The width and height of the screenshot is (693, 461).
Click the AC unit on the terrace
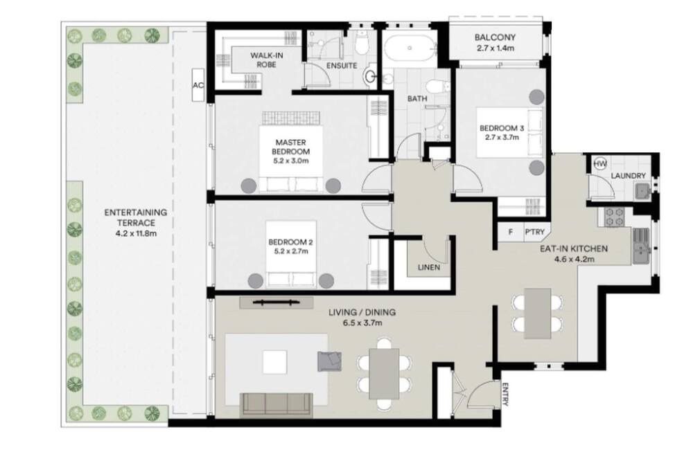click(x=198, y=84)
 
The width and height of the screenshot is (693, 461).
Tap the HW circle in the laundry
click(x=599, y=164)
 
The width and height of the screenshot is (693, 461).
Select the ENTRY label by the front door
click(x=505, y=395)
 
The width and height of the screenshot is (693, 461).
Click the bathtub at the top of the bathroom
click(x=410, y=48)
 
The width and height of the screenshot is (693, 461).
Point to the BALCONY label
click(x=495, y=37)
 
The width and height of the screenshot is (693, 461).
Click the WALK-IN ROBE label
click(x=267, y=60)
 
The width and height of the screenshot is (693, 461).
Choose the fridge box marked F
click(x=511, y=232)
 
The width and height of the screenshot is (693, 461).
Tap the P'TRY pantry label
click(x=535, y=232)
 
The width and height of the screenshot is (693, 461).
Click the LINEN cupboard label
click(x=429, y=267)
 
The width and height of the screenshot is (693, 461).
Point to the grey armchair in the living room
click(x=330, y=361)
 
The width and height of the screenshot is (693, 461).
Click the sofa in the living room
click(x=277, y=405)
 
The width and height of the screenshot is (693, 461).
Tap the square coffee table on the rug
click(x=274, y=361)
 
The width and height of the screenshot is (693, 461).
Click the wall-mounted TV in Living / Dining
click(x=277, y=302)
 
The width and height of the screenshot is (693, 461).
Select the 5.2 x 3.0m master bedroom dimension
click(x=291, y=161)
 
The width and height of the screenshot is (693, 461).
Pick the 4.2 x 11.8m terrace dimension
click(x=136, y=233)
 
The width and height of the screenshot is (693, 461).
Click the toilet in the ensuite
click(x=362, y=44)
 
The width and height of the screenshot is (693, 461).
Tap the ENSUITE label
click(x=342, y=66)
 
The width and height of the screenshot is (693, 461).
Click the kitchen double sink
click(x=641, y=246)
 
